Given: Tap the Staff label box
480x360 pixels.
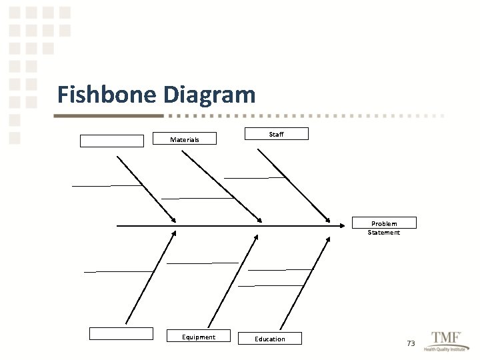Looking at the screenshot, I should click(277, 134).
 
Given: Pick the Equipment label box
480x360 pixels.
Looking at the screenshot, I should click(199, 337).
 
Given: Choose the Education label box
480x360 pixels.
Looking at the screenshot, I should click(270, 339).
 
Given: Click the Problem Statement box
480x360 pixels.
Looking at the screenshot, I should click(384, 223).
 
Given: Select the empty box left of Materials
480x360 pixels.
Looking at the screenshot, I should click(111, 141).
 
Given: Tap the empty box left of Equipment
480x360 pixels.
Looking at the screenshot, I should click(121, 334).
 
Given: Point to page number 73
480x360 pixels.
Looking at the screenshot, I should click(411, 343).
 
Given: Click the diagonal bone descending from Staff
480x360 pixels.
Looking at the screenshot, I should click(293, 185).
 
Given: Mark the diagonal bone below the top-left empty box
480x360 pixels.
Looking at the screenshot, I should click(145, 188).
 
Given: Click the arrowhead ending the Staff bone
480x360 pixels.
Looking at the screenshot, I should click(328, 219).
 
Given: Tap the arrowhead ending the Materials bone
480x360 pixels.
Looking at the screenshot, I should click(260, 219).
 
